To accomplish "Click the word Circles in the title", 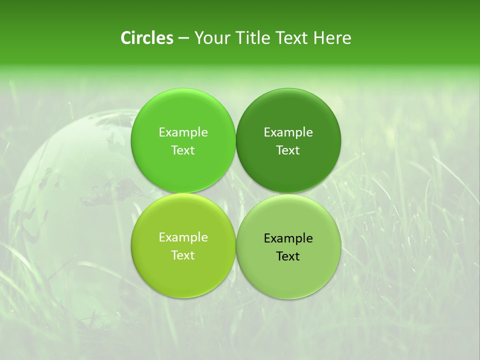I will (146, 38).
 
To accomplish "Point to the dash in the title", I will (183, 38).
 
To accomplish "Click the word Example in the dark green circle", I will (288, 132).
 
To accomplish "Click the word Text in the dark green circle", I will (288, 150).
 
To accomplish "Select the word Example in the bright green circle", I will (183, 132).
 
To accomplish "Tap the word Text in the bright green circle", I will (183, 150).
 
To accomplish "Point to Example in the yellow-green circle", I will (183, 237).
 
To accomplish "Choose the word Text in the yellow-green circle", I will (183, 255).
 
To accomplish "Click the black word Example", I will (288, 238).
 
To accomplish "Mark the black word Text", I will (288, 256).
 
